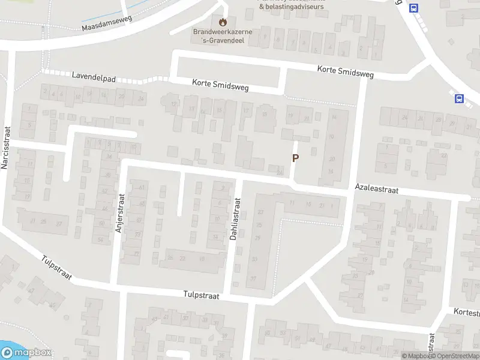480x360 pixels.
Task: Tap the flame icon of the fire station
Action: click(x=224, y=23)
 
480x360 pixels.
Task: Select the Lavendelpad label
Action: click(x=92, y=77)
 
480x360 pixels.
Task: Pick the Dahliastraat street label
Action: click(x=235, y=220)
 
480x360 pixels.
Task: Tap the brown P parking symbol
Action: click(x=295, y=158)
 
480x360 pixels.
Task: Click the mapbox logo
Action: click(x=26, y=353)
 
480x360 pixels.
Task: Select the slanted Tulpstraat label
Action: click(x=57, y=268)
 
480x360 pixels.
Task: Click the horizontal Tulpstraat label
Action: click(x=201, y=296)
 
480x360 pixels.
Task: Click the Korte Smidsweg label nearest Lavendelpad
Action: click(x=220, y=86)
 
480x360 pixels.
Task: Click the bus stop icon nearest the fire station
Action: click(x=413, y=8)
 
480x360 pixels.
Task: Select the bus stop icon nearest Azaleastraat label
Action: click(x=460, y=99)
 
